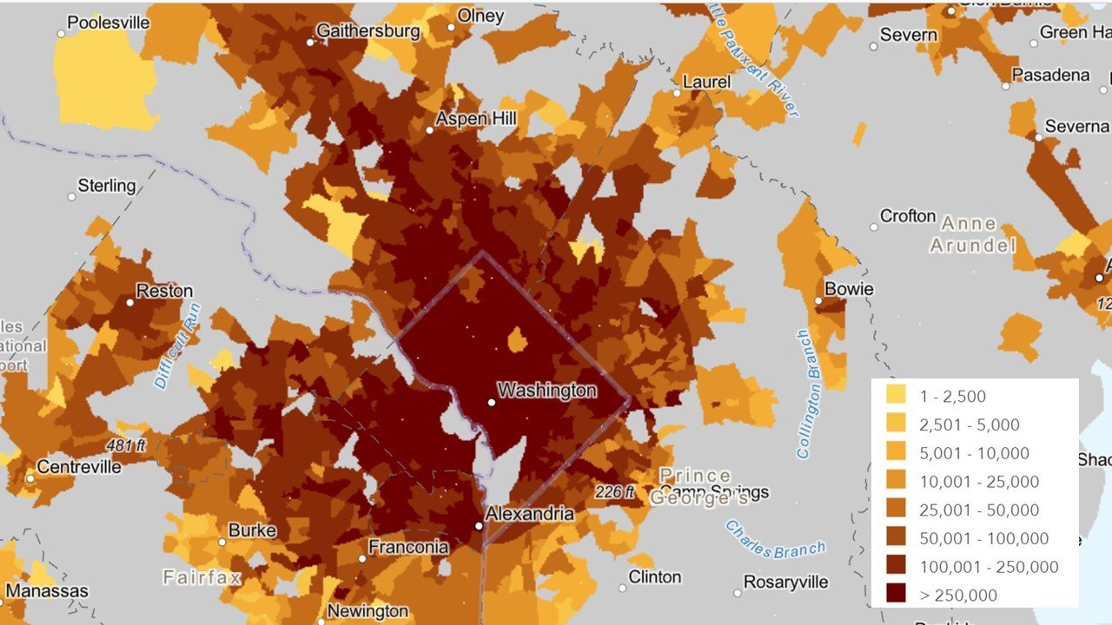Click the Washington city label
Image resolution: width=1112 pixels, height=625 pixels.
click(x=547, y=391)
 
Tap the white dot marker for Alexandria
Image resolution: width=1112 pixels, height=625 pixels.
click(x=478, y=526)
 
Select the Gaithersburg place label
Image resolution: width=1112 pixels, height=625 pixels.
click(x=368, y=31)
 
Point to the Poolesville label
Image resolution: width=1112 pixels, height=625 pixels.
click(x=109, y=23)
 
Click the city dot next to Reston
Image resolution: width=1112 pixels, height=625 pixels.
click(x=129, y=302)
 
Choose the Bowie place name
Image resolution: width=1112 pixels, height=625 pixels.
click(x=849, y=289)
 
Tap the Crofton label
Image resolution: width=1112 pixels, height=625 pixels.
click(x=908, y=215)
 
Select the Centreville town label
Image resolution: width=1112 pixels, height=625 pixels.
click(x=79, y=467)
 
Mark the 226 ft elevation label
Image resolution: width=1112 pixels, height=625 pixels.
click(x=615, y=492)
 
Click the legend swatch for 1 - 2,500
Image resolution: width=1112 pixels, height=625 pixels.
click(x=896, y=396)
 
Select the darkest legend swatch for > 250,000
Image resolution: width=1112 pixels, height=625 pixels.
click(x=896, y=595)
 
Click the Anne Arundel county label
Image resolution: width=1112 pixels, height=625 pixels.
click(x=973, y=234)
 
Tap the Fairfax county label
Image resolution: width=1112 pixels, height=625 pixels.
click(x=201, y=576)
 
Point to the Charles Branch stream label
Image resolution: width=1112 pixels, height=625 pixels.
click(x=775, y=540)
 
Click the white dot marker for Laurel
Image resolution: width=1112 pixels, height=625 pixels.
click(x=677, y=92)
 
